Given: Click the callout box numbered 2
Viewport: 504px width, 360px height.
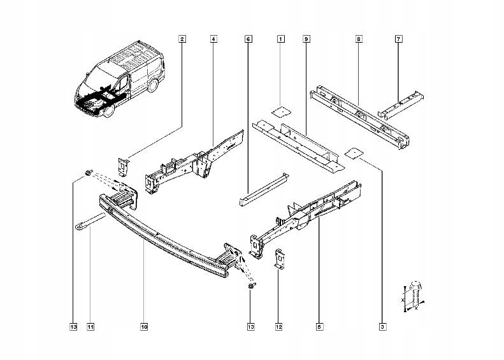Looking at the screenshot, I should pyautogui.click(x=182, y=40).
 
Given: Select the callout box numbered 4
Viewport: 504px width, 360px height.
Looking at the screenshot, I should pyautogui.click(x=213, y=40).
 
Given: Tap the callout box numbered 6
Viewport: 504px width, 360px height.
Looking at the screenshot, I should pyautogui.click(x=247, y=40).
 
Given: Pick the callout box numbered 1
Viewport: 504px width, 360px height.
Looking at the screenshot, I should pyautogui.click(x=280, y=40).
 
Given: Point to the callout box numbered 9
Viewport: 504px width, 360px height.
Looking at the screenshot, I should pyautogui.click(x=306, y=40).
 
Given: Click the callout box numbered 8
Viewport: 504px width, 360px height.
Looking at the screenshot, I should pyautogui.click(x=359, y=40).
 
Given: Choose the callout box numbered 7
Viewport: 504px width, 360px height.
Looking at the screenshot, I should pyautogui.click(x=398, y=40).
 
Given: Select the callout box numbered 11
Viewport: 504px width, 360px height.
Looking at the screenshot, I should pyautogui.click(x=90, y=328).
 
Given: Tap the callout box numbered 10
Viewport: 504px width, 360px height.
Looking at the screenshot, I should pyautogui.click(x=144, y=328).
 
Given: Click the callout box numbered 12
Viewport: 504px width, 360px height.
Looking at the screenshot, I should pyautogui.click(x=278, y=328).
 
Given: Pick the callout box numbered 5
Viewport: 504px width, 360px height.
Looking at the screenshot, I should pyautogui.click(x=318, y=328).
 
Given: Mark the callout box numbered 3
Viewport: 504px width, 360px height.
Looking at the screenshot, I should pyautogui.click(x=382, y=328).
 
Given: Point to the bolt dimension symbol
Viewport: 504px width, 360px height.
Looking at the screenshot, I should pyautogui.click(x=413, y=296).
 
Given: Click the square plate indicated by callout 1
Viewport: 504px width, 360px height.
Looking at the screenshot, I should pyautogui.click(x=278, y=110).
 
